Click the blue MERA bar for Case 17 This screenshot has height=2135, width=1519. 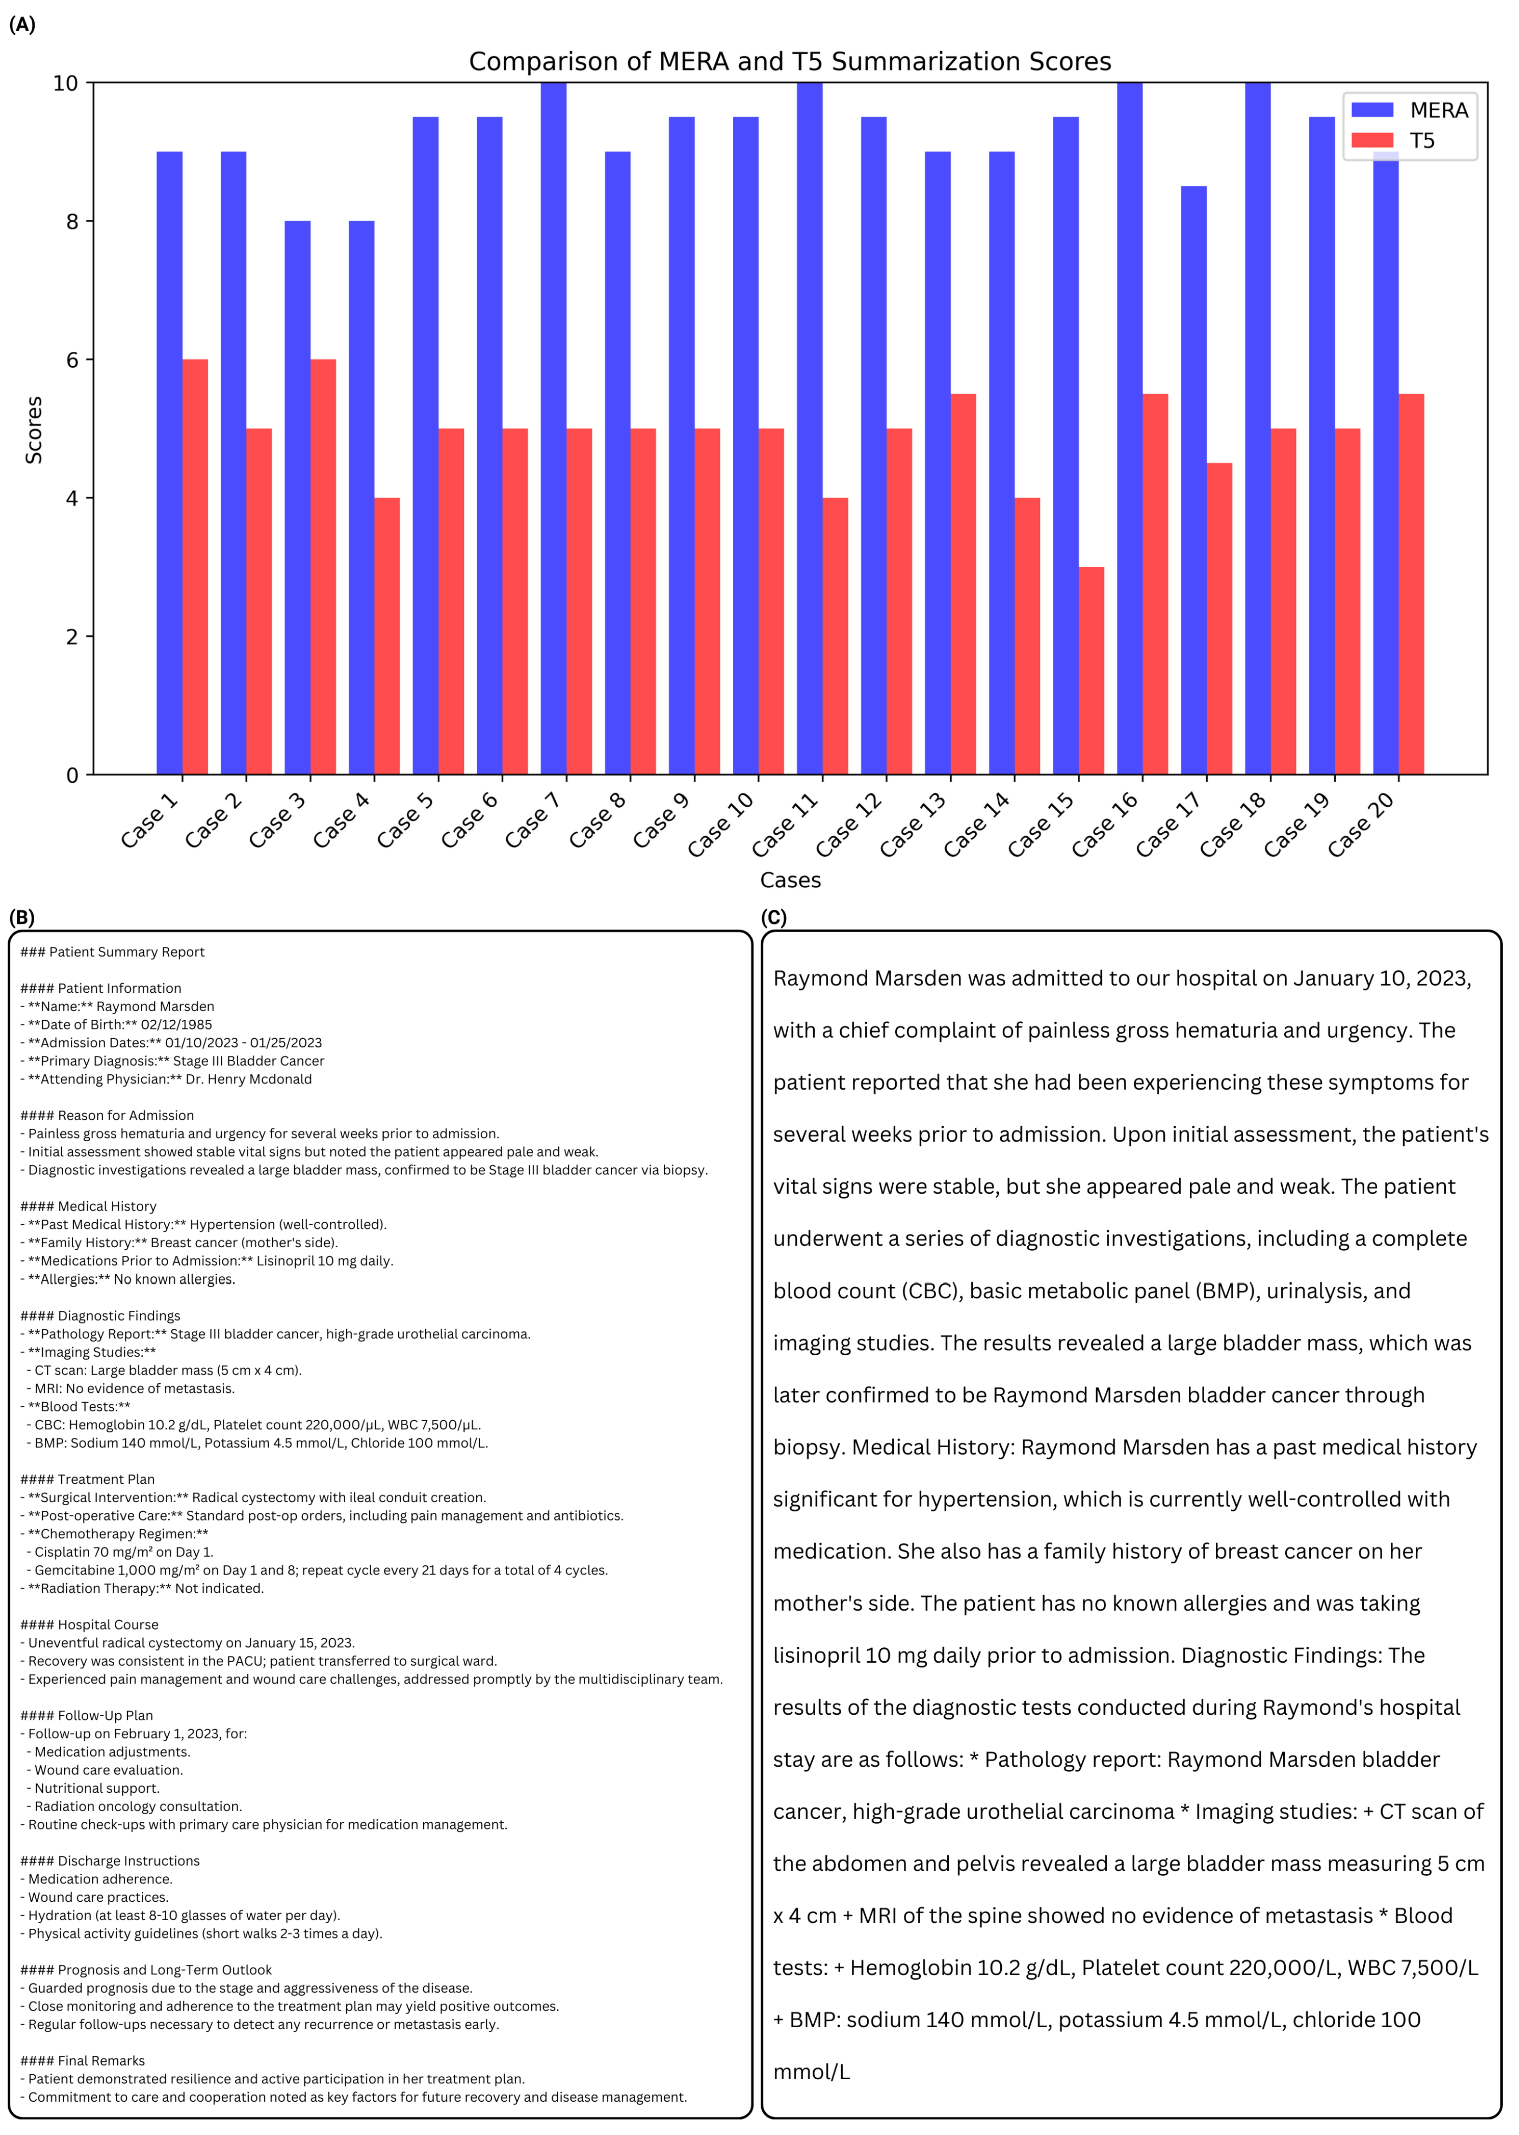click(x=1194, y=480)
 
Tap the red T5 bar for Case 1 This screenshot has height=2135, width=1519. click(x=195, y=567)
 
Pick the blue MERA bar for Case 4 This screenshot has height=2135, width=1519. click(x=361, y=497)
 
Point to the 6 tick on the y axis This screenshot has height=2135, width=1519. click(x=72, y=360)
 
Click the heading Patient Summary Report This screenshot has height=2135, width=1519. click(x=126, y=952)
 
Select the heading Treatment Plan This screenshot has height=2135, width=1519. click(x=106, y=1479)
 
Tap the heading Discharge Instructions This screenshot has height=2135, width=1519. click(x=128, y=1860)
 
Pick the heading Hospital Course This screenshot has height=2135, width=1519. click(x=108, y=1625)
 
